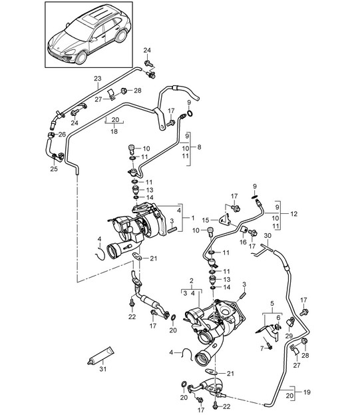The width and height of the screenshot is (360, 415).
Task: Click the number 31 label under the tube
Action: (103, 368)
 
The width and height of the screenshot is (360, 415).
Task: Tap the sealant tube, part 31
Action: (100, 356)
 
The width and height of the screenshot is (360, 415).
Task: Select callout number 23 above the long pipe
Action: (98, 79)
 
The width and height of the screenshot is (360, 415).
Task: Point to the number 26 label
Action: (62, 135)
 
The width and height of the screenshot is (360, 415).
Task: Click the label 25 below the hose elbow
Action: (54, 169)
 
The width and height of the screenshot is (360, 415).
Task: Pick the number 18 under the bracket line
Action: (114, 131)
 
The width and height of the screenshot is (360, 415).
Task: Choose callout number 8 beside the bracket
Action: (199, 147)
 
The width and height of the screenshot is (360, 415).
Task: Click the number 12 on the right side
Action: (294, 214)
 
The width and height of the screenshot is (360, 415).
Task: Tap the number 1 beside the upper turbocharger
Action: (193, 218)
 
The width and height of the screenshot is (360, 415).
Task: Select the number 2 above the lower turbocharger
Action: (192, 280)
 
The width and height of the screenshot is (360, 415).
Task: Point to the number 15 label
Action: (206, 220)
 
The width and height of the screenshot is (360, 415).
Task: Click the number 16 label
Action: (243, 242)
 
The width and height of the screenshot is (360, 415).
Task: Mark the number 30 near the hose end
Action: (268, 235)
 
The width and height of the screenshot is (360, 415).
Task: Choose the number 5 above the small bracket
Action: (272, 304)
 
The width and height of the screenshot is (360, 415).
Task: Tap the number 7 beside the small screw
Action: (262, 348)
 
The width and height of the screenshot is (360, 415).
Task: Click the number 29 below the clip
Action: (289, 336)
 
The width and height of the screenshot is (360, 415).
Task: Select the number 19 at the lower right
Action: (307, 392)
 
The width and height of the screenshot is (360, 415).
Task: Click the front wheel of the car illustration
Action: (81, 57)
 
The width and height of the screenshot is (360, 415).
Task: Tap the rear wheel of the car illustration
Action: (121, 36)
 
